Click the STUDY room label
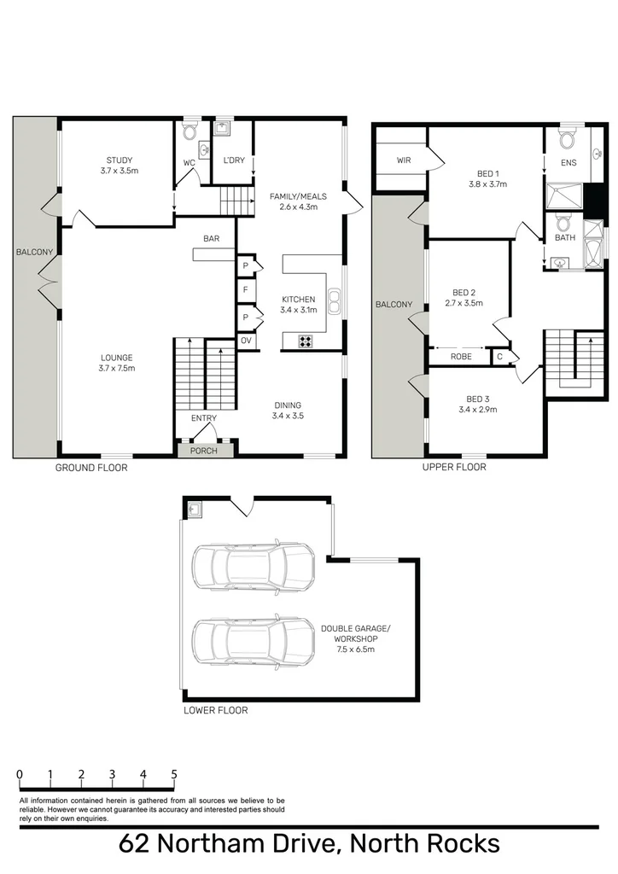120,160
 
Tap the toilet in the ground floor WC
189,133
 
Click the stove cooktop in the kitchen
306,341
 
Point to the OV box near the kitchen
246,341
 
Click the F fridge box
246,290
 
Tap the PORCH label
203,450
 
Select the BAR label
213,239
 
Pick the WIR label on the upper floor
404,160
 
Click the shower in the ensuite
563,198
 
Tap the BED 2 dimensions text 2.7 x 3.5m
463,303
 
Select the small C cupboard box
499,357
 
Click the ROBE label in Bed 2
461,357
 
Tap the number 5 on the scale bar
174,775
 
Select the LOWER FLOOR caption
216,709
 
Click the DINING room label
288,405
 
